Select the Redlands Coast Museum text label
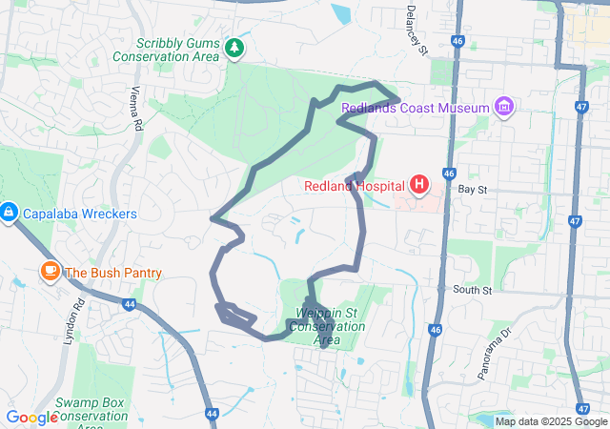(415, 108)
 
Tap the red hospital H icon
(418, 183)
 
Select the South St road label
(472, 289)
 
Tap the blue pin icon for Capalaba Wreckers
(8, 211)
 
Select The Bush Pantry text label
(113, 273)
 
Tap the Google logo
(32, 418)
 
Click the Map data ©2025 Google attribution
(551, 421)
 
